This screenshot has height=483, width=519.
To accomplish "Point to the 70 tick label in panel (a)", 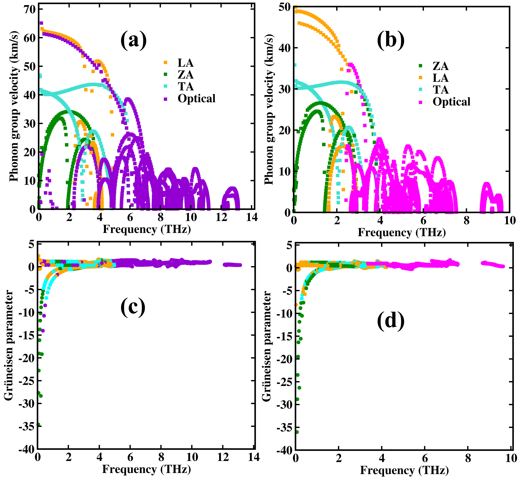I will coord(29,9).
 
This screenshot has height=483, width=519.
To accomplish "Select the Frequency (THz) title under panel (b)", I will coord(401,232).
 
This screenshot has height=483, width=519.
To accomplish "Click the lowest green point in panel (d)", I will coord(297,432).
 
